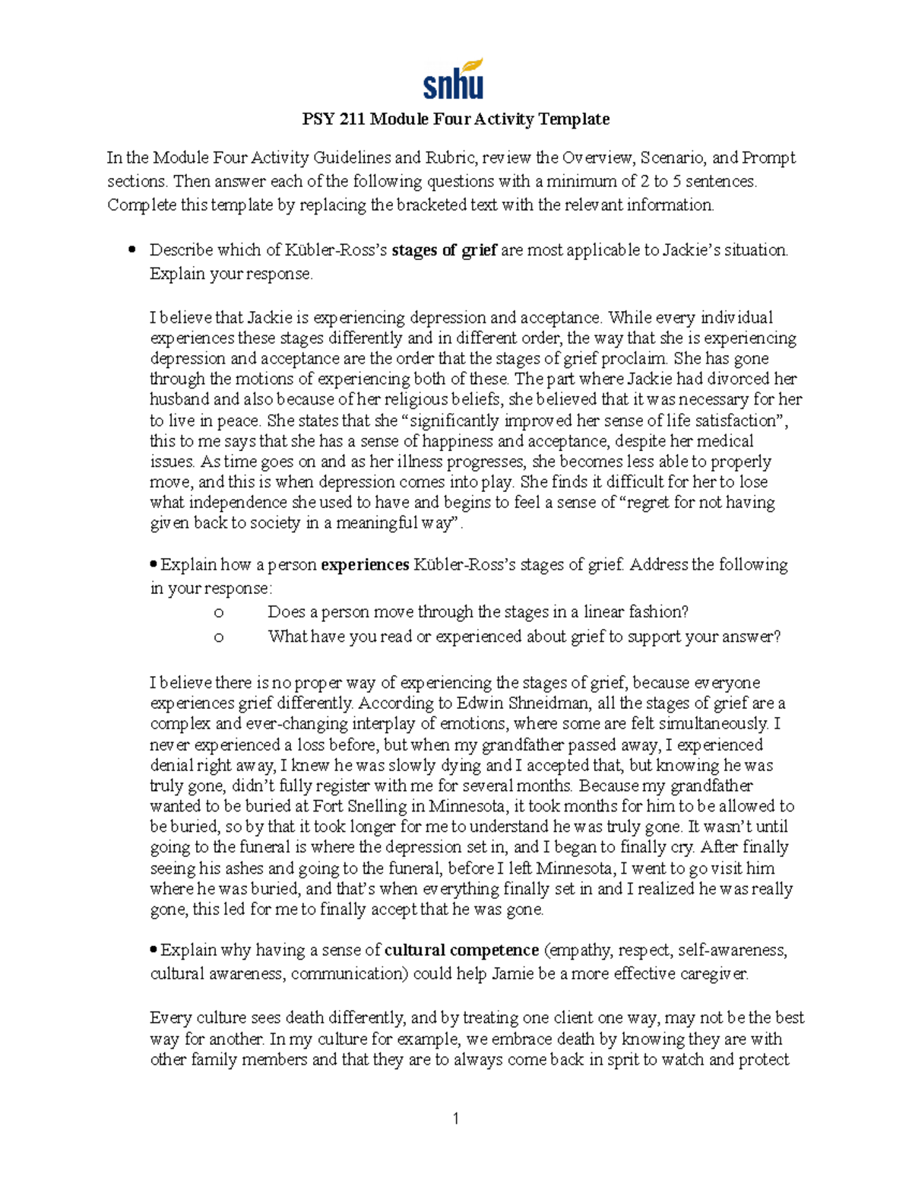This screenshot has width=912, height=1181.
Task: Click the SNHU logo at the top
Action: click(454, 79)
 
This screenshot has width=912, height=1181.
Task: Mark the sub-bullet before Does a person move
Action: click(219, 613)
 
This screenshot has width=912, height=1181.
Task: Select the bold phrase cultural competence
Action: click(461, 951)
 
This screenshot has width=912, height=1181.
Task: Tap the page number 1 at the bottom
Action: click(455, 1118)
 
